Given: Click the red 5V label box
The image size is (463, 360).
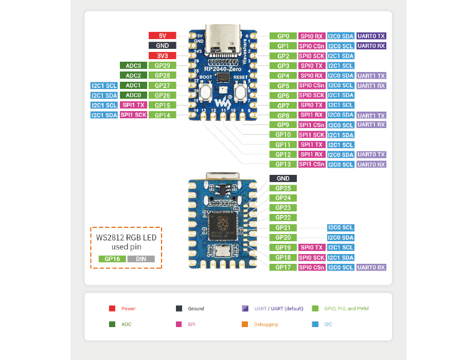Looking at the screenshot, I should coord(163,36).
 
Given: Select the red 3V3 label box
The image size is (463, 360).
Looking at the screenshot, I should coord(163,56).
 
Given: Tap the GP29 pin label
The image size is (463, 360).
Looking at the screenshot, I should coord(163,65).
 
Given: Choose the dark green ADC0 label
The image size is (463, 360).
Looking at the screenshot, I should coord(133,95).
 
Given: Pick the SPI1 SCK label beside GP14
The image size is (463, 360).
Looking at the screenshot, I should coord(133,115).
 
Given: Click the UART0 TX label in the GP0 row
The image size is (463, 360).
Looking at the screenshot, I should coord(371,36).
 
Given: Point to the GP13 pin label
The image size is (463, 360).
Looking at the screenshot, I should coord(283,165).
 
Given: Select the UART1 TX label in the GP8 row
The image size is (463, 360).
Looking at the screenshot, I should coord(371,115).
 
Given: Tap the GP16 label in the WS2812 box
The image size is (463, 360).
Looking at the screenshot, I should coord(112,259).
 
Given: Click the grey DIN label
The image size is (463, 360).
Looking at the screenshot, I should coord(141,259).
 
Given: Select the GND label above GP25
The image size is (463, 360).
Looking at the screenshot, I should coord(283,178).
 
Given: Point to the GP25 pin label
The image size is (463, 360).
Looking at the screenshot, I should coord(283,188).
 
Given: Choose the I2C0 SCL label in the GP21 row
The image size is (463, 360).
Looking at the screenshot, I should coord(341,227).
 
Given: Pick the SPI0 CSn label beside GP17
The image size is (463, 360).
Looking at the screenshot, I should coord(312,267).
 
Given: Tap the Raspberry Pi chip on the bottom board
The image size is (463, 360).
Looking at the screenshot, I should coord(222,226).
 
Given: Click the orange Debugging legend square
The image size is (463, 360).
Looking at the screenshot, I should coord(244,325).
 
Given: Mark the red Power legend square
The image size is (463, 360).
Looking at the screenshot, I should coord(112,309).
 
